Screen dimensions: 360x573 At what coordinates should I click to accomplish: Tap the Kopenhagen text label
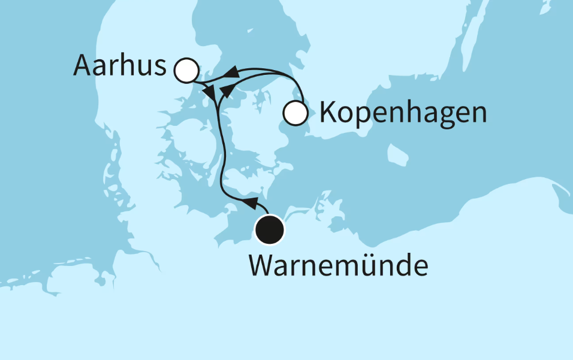[402, 112]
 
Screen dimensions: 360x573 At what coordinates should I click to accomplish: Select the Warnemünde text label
[339, 265]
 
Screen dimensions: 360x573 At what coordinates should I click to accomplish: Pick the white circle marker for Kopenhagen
[295, 113]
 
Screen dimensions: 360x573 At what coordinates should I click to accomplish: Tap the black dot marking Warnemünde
[269, 231]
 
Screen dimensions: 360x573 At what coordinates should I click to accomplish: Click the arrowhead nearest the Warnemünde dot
[251, 201]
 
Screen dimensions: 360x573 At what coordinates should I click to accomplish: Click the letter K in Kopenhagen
[327, 112]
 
